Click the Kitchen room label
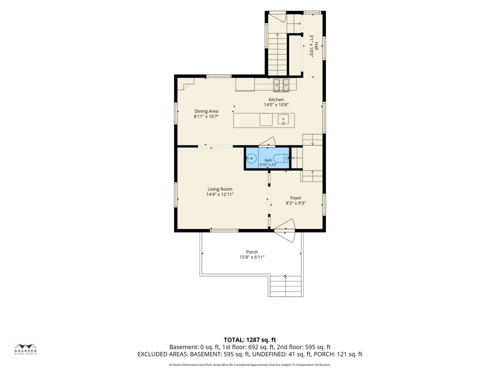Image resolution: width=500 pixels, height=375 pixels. pyautogui.click(x=276, y=99)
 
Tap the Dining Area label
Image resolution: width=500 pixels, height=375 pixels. pyautogui.click(x=206, y=111)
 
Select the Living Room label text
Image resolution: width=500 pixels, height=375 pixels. pyautogui.click(x=220, y=189)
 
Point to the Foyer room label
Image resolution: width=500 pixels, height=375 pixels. pyautogui.click(x=295, y=198)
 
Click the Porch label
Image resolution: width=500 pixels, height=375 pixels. pyautogui.click(x=252, y=252)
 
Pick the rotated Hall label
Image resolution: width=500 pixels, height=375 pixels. pyautogui.click(x=316, y=46)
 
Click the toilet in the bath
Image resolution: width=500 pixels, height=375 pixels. pyautogui.click(x=281, y=158)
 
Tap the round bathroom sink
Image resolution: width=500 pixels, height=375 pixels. pyautogui.click(x=251, y=158)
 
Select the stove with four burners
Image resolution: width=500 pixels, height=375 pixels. pyautogui.click(x=281, y=85)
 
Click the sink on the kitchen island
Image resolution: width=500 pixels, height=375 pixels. pyautogui.click(x=283, y=120)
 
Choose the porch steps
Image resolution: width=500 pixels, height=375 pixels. pyautogui.click(x=286, y=285)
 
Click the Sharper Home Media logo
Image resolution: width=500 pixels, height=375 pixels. pyautogui.click(x=25, y=349)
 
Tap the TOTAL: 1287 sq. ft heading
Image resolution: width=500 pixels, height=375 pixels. pyautogui.click(x=249, y=340)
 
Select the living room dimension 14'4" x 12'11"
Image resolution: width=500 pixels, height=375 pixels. pyautogui.click(x=220, y=194)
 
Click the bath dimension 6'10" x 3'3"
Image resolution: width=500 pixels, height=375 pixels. pyautogui.click(x=268, y=165)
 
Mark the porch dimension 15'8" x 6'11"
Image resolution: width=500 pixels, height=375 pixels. pyautogui.click(x=252, y=257)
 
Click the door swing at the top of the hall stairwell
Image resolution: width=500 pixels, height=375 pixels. pyautogui.click(x=277, y=18)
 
